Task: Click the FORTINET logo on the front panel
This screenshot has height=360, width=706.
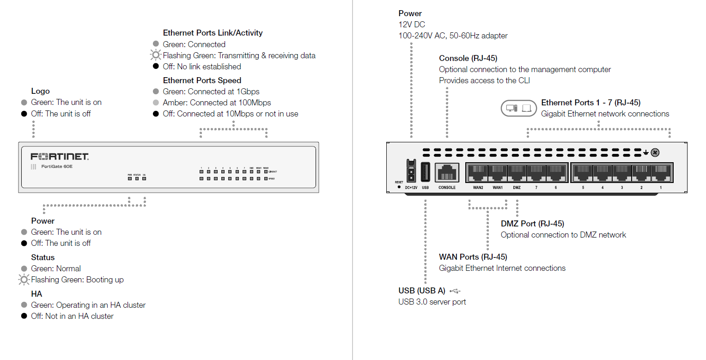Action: (x=60, y=156)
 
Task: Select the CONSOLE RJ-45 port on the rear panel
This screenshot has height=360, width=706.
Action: (x=447, y=173)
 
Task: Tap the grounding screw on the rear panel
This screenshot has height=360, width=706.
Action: (x=655, y=153)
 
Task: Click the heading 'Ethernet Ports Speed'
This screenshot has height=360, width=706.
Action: (x=202, y=80)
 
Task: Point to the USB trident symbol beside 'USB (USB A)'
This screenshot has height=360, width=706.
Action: (x=455, y=291)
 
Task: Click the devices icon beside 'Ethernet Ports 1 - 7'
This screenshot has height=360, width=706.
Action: (x=519, y=108)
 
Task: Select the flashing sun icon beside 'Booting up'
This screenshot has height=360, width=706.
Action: (x=24, y=280)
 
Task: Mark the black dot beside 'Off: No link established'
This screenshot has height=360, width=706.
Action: (x=156, y=67)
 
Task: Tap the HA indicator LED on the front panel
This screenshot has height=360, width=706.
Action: (x=144, y=178)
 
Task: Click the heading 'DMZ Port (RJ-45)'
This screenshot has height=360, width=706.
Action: (x=532, y=224)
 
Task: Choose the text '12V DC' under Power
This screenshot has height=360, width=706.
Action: (x=412, y=24)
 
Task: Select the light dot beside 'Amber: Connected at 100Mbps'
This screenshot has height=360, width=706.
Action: (x=156, y=103)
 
